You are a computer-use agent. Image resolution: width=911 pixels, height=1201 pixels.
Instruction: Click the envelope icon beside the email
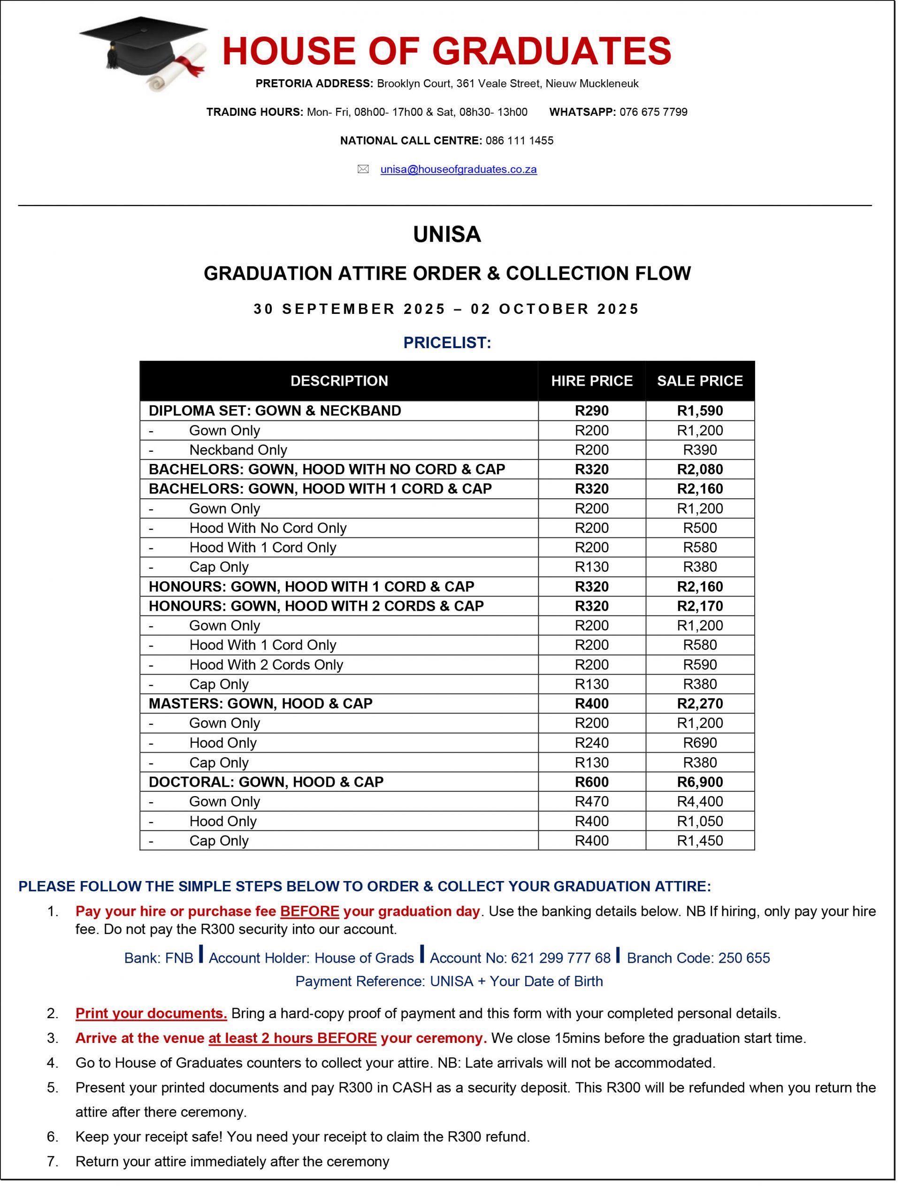tap(363, 169)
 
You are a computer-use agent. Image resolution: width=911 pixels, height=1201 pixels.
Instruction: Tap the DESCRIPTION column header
tap(339, 380)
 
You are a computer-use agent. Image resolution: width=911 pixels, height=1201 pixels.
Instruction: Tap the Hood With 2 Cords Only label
tap(266, 665)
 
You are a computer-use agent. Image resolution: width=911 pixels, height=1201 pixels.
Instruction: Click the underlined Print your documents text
tap(151, 1013)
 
